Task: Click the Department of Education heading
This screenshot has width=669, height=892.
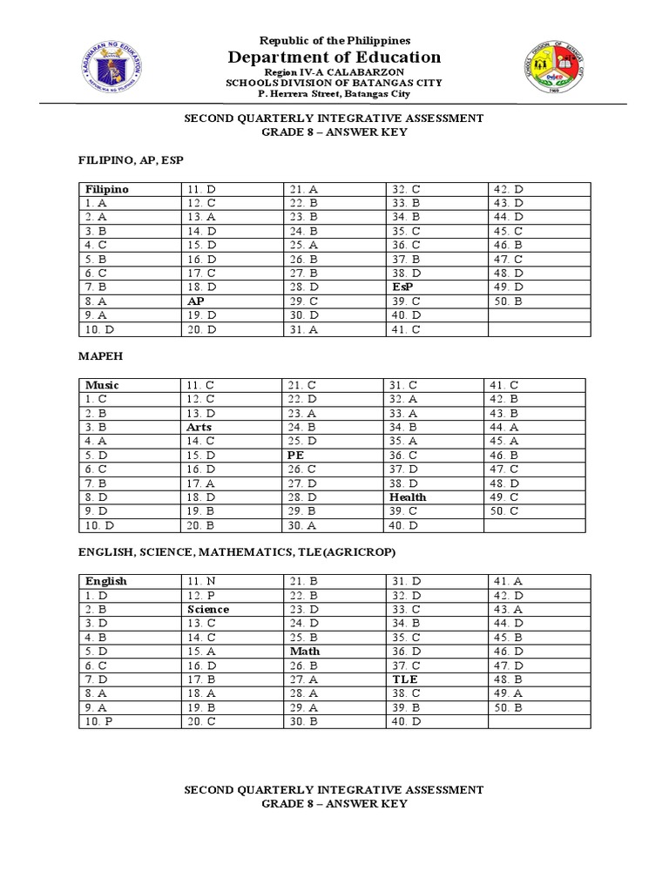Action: pyautogui.click(x=334, y=57)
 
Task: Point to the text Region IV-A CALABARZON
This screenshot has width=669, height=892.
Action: pyautogui.click(x=334, y=72)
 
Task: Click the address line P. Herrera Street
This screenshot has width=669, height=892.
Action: pyautogui.click(x=334, y=93)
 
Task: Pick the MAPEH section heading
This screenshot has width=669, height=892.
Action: pyautogui.click(x=98, y=356)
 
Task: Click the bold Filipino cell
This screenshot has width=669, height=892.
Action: pyautogui.click(x=107, y=189)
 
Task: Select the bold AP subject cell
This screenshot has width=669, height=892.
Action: pyautogui.click(x=196, y=301)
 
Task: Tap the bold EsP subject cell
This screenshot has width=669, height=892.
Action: pyautogui.click(x=402, y=287)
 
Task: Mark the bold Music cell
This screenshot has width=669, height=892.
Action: pyautogui.click(x=103, y=385)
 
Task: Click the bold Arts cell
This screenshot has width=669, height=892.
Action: pyautogui.click(x=199, y=428)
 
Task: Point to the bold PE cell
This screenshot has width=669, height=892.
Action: pyautogui.click(x=296, y=456)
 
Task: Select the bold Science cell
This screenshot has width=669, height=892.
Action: pyautogui.click(x=208, y=610)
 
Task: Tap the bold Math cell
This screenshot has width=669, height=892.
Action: pyautogui.click(x=305, y=652)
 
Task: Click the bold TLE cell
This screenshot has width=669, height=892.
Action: pyautogui.click(x=405, y=679)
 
